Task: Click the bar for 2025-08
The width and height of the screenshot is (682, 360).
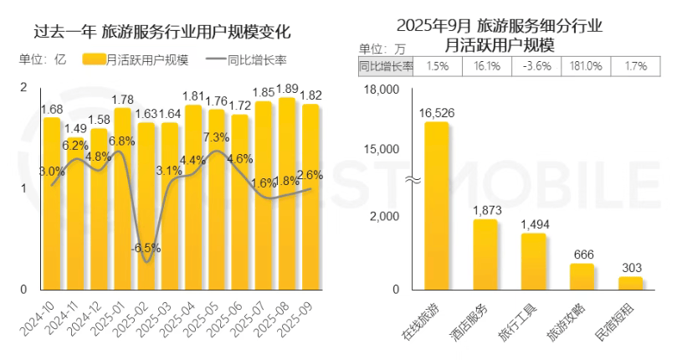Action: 287,193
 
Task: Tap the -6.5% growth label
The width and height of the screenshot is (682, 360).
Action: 146,248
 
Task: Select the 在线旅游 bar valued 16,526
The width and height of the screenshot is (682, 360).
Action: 436,205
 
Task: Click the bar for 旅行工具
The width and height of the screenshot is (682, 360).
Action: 533,261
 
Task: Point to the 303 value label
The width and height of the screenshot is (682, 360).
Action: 630,267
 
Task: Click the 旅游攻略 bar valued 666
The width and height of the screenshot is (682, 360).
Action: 582,276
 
